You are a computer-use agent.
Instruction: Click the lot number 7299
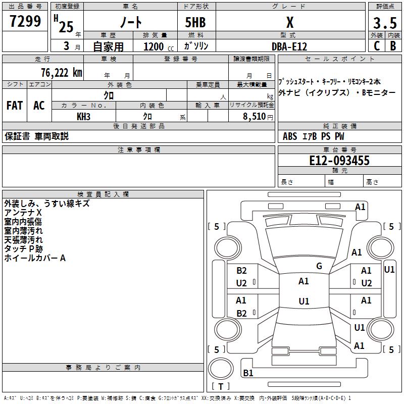click(x=25, y=21)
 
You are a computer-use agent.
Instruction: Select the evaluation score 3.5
click(x=384, y=23)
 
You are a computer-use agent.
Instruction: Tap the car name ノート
click(x=130, y=22)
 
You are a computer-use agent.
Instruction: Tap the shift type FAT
click(x=15, y=106)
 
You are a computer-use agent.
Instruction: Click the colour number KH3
click(x=84, y=117)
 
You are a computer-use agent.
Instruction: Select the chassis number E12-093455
click(x=339, y=161)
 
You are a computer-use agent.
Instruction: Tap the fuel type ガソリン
click(x=196, y=46)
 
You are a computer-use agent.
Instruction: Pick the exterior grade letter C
click(x=376, y=46)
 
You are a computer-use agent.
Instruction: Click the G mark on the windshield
click(x=319, y=266)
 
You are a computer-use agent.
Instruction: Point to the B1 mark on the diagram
click(x=248, y=373)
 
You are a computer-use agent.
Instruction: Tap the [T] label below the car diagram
click(x=221, y=387)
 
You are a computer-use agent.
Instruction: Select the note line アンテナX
click(x=23, y=213)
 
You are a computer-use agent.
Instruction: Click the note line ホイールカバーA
click(x=35, y=258)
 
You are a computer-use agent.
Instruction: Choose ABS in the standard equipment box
click(x=290, y=136)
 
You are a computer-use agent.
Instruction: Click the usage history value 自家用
click(x=108, y=46)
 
